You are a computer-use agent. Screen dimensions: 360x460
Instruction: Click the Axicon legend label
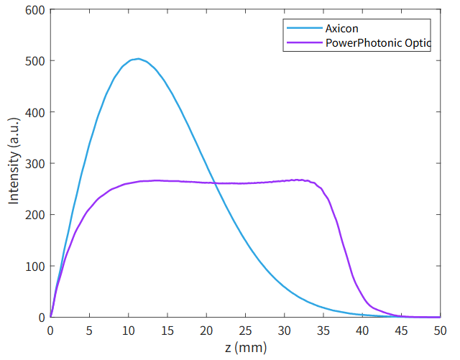click(341, 29)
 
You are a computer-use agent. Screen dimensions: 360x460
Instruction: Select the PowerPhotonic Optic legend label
click(377, 43)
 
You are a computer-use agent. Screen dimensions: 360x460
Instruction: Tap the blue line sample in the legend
click(303, 29)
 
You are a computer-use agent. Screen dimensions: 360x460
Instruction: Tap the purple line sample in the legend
click(303, 43)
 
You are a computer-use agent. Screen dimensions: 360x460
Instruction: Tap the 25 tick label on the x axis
click(245, 331)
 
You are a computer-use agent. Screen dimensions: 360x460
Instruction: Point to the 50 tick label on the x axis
click(440, 331)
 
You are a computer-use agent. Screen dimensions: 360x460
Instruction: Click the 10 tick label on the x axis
click(128, 331)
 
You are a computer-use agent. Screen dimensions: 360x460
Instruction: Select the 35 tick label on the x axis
click(323, 331)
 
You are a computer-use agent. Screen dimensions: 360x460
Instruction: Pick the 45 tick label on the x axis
click(401, 331)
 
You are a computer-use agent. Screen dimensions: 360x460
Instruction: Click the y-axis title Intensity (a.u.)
click(14, 163)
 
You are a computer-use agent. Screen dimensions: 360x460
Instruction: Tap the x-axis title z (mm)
click(245, 349)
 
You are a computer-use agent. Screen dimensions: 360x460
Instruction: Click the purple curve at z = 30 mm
click(284, 180)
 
